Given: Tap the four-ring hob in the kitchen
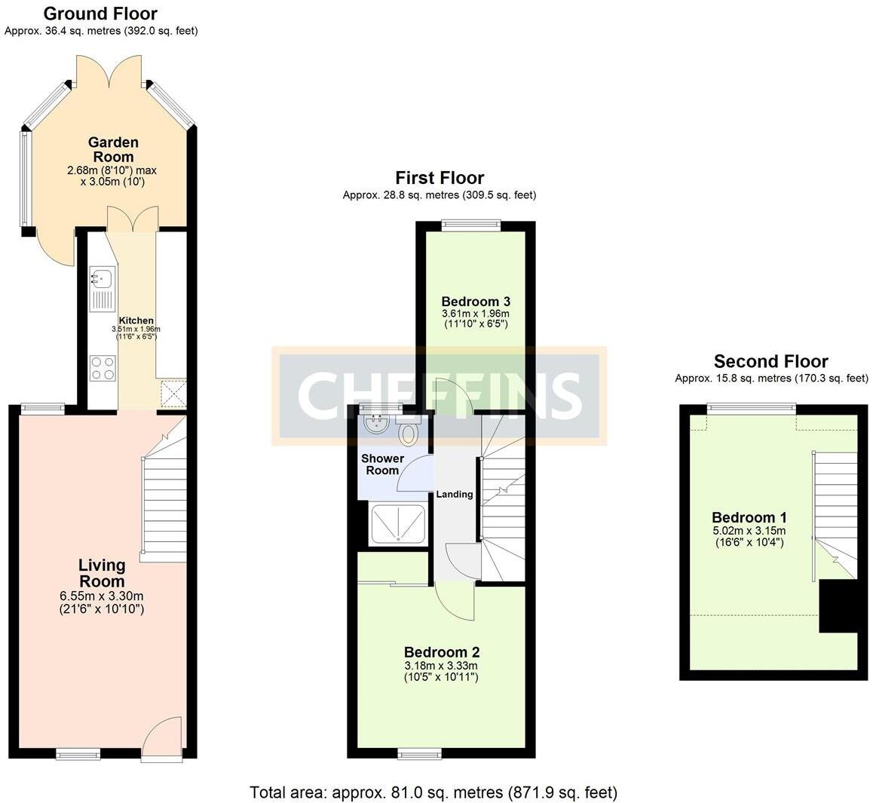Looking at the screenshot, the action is tap(103, 368).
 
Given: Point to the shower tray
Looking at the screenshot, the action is tap(398, 524).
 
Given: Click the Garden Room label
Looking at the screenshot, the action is tap(113, 150).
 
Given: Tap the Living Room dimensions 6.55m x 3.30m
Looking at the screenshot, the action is tap(102, 596).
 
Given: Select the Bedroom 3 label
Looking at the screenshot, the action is tap(476, 302).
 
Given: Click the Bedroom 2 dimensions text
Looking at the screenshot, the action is tap(441, 672).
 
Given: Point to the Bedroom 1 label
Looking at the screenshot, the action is tap(749, 517).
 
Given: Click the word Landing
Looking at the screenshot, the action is tap(455, 494).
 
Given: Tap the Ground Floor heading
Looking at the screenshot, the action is tap(100, 14).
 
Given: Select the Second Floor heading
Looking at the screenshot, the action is tap(771, 361).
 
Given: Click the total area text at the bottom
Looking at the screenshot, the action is tap(433, 792).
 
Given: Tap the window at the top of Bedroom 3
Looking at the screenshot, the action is tap(471, 225).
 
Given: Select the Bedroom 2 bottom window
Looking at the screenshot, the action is tap(420, 754).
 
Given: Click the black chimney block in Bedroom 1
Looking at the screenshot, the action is tap(838, 606).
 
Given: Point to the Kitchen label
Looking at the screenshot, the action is tap(136, 320).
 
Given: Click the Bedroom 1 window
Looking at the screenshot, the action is tap(752, 409).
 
